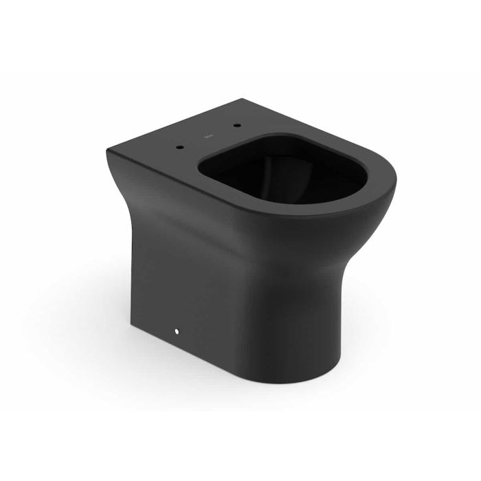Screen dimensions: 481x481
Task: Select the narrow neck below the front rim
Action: [x=344, y=275]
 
